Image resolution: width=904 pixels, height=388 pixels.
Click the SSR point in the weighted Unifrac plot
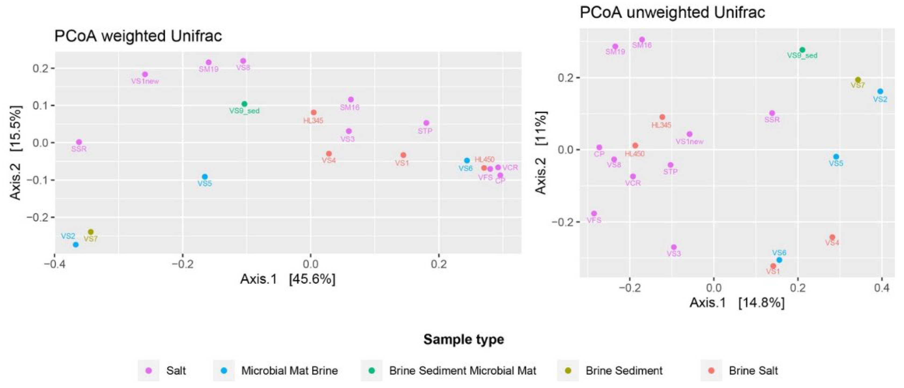79,142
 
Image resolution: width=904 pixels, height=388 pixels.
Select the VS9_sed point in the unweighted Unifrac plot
802,50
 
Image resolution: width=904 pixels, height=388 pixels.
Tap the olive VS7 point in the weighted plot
91,232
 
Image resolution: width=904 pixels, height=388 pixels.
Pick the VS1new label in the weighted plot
145,81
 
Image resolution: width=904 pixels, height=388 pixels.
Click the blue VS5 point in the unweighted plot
836,157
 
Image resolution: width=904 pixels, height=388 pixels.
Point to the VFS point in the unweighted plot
594,213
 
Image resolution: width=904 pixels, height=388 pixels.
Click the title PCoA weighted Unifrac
138,36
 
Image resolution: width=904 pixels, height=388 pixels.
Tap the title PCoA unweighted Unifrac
672,13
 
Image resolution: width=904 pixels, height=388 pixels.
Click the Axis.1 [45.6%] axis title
288,279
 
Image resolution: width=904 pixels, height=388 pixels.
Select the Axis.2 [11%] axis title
541,152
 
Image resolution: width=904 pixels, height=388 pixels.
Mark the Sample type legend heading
464,339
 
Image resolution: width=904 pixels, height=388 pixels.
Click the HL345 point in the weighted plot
313,113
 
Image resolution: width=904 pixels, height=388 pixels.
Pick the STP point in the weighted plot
426,123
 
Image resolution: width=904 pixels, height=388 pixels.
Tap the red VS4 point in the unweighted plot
832,237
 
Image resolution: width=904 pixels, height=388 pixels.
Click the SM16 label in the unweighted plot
642,45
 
